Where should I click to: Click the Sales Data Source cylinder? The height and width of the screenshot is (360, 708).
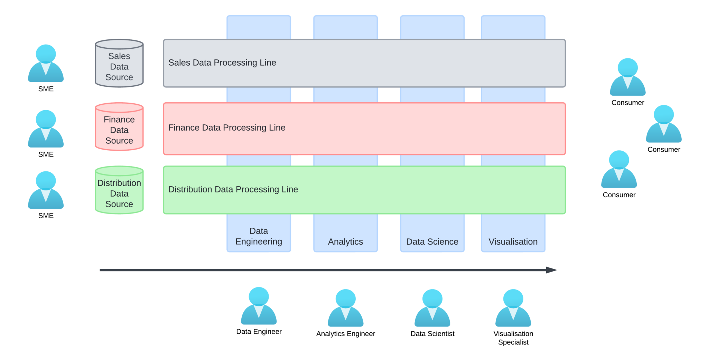[x=119, y=64]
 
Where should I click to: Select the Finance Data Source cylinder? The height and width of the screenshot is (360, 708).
[x=119, y=127]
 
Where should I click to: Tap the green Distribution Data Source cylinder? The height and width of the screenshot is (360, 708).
[x=119, y=191]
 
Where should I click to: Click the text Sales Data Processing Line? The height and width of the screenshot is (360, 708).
[x=222, y=63]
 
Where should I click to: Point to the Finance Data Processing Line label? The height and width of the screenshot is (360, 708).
[x=227, y=127]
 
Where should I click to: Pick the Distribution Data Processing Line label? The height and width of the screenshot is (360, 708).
[x=233, y=189]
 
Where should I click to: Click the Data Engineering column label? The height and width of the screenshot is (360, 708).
[x=259, y=236]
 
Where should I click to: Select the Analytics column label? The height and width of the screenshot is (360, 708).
[x=345, y=241]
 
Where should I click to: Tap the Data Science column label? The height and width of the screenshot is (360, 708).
[x=432, y=241]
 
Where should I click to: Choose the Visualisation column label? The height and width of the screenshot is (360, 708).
[x=513, y=241]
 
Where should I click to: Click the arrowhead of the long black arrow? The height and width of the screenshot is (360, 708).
[x=552, y=270]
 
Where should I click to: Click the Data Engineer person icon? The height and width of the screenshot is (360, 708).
[x=259, y=306]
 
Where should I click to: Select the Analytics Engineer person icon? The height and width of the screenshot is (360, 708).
[x=345, y=308]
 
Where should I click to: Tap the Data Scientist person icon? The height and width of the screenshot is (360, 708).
[x=432, y=308]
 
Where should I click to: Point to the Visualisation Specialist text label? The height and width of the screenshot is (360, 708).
[x=513, y=338]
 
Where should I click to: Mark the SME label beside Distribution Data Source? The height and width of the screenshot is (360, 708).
[x=46, y=216]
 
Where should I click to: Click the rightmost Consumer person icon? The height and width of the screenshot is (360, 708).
[x=664, y=124]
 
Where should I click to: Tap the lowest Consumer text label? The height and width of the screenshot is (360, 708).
[x=619, y=195]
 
